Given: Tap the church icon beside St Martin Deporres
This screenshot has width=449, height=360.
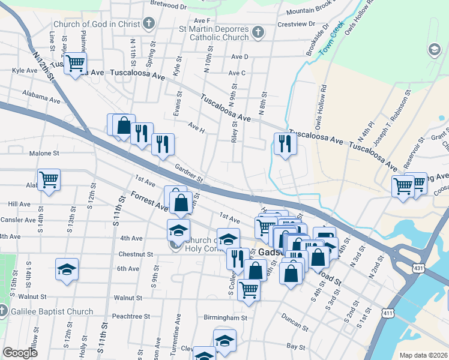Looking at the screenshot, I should click(258, 32).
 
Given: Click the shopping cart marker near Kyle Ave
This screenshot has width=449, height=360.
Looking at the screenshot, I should click(75, 62).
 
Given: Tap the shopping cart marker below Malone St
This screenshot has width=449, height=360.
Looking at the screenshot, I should click(49, 179).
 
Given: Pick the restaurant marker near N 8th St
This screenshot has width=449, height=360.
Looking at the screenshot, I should click(285, 143).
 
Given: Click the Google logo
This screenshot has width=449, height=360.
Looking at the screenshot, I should click(20, 353).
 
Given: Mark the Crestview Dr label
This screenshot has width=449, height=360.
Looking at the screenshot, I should click(297, 24).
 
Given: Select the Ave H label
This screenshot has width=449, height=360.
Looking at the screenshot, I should click(196, 128).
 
